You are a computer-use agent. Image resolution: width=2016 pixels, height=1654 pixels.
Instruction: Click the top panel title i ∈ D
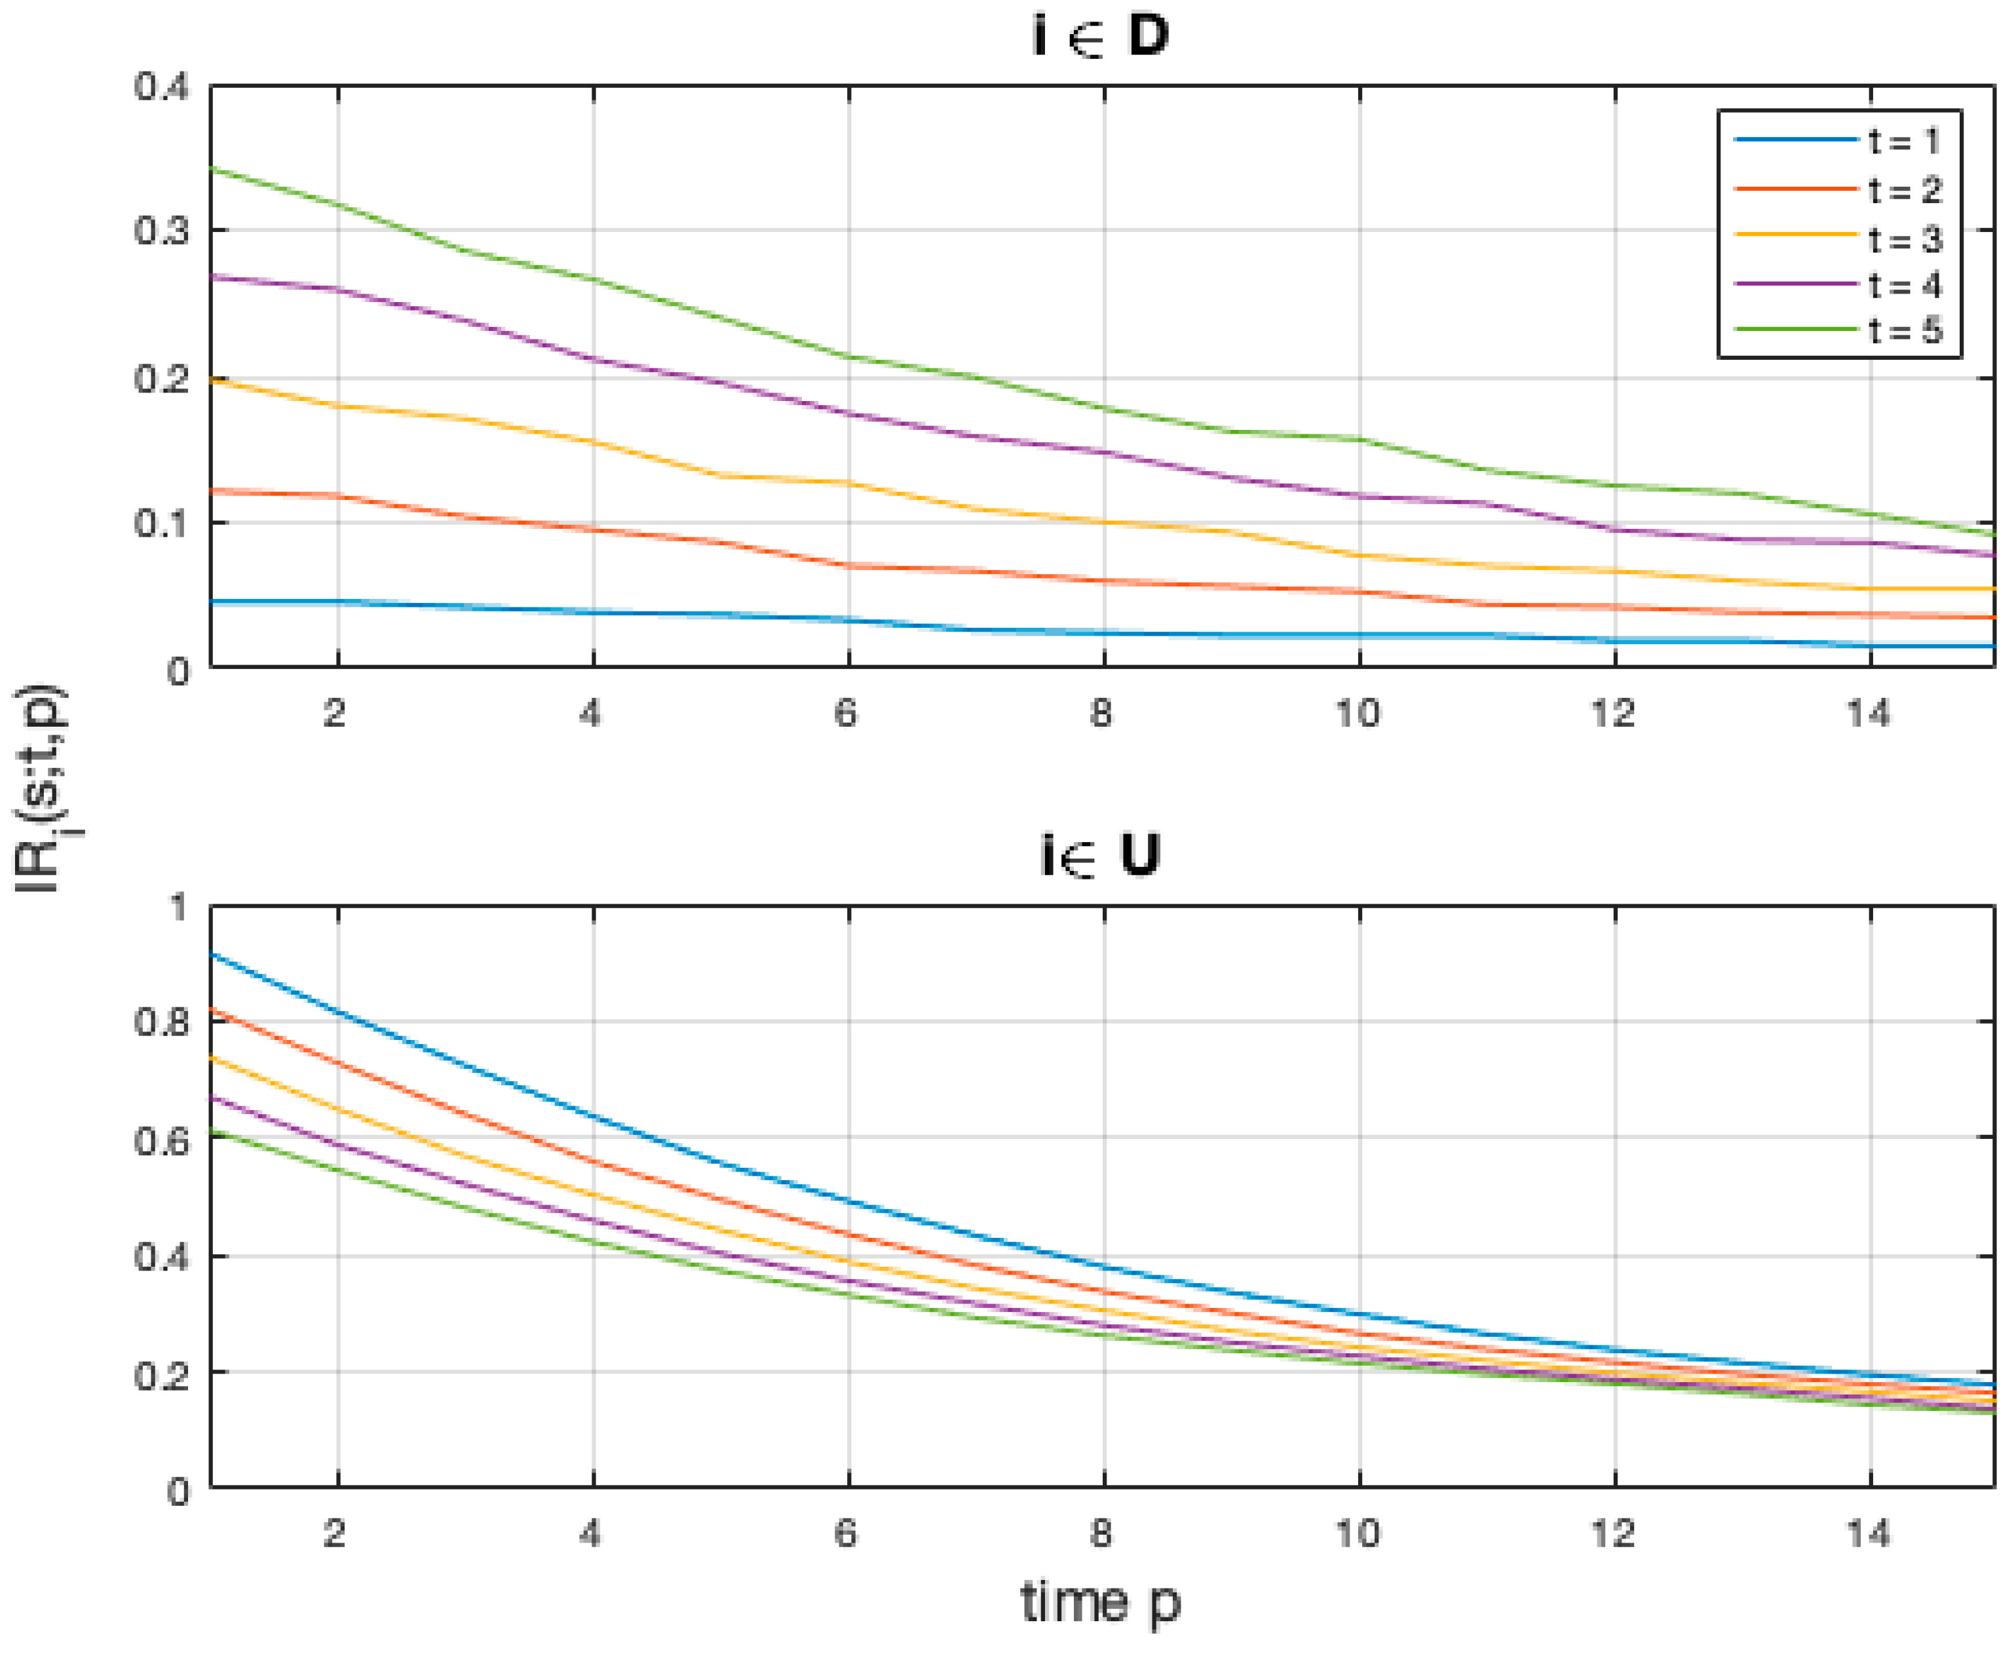[1101, 36]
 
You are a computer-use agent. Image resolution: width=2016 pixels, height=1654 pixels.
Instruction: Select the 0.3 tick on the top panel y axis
[162, 231]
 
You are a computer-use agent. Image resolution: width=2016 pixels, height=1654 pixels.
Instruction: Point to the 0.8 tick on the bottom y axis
[162, 1022]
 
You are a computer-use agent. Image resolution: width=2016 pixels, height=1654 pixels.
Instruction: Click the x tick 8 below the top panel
[1102, 714]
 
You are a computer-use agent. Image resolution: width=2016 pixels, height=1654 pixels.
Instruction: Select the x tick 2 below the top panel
[334, 714]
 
